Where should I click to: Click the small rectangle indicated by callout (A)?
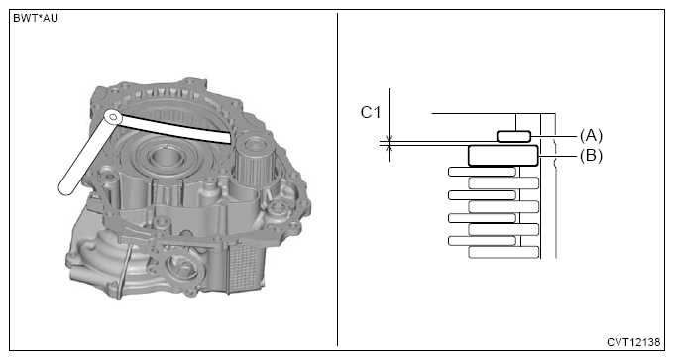pyautogui.click(x=513, y=135)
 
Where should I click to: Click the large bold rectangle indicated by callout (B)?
pyautogui.click(x=503, y=155)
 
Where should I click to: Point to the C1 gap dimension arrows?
pyautogui.click(x=390, y=145)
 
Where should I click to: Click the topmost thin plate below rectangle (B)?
pyautogui.click(x=482, y=172)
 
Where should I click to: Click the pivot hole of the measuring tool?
pyautogui.click(x=114, y=117)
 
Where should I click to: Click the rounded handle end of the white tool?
pyautogui.click(x=68, y=182)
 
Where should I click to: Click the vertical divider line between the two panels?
pyautogui.click(x=338, y=179)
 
